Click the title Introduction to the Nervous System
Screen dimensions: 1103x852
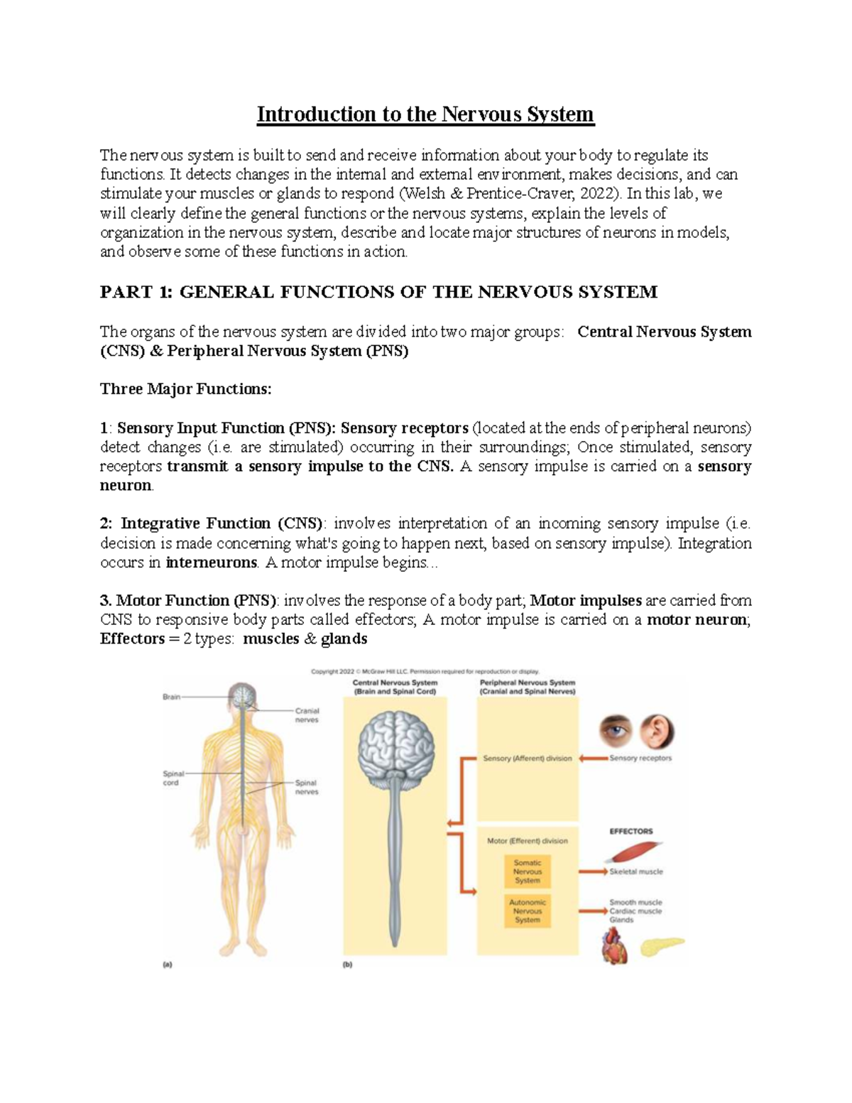[x=425, y=114]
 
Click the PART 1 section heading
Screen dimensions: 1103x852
[x=378, y=292]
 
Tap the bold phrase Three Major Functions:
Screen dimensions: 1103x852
[x=186, y=389]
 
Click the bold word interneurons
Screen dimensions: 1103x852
[x=211, y=563]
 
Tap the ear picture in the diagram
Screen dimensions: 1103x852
[x=657, y=732]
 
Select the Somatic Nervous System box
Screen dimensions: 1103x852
[x=528, y=871]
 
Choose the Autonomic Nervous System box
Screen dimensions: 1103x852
[x=528, y=911]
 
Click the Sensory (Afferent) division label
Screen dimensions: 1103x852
[x=527, y=759]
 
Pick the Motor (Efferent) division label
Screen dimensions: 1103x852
[x=527, y=841]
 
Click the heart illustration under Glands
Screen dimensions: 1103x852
[x=614, y=945]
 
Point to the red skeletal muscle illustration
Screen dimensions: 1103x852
[x=637, y=852]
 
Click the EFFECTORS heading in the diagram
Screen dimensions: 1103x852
[x=631, y=831]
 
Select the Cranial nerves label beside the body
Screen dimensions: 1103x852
[x=307, y=714]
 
